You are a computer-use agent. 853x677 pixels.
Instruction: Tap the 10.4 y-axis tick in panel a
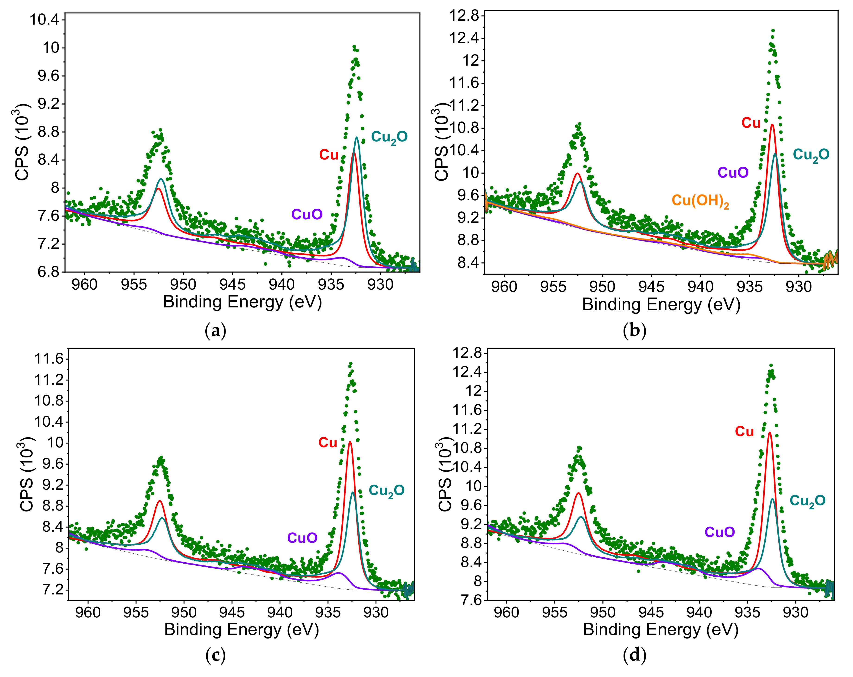44,19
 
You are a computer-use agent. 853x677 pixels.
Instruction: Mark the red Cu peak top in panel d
770,432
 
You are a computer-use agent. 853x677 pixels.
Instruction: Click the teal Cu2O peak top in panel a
357,138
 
